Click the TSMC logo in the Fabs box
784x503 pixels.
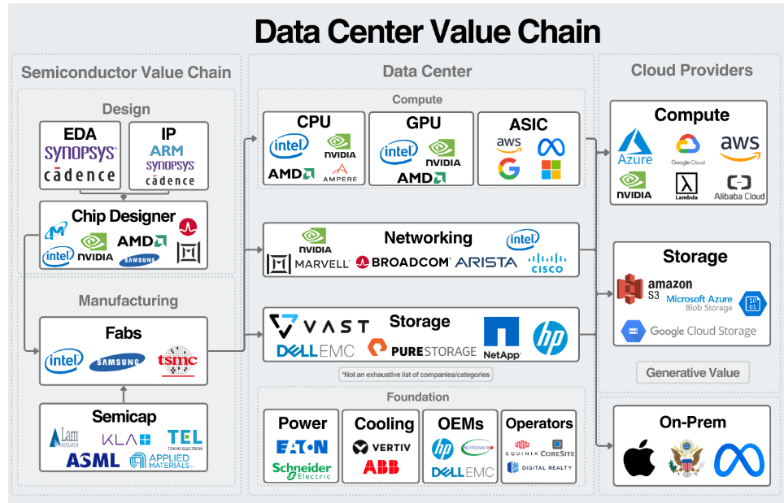coord(177,360)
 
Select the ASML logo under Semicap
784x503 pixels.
coord(94,460)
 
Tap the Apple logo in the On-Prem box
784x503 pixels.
coord(639,460)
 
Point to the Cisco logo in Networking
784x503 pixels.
coord(547,262)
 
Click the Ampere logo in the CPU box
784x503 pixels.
coord(340,173)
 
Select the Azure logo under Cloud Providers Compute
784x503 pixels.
coord(635,146)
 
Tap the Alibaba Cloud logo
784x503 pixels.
coord(739,187)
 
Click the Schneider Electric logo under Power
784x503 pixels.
coord(302,471)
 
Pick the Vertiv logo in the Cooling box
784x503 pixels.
coord(382,448)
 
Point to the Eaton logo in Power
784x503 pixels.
coord(302,447)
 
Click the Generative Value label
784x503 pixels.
coord(692,373)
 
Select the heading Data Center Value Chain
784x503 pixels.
coord(427,32)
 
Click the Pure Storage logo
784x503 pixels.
coord(422,349)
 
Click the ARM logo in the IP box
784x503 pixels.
coord(166,150)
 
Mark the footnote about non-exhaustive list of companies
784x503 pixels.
coord(416,375)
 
